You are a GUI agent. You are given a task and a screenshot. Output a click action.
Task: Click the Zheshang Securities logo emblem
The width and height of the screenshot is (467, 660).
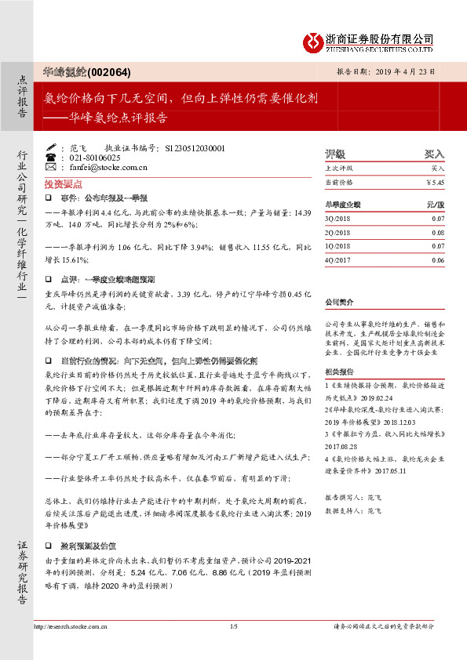click(x=316, y=41)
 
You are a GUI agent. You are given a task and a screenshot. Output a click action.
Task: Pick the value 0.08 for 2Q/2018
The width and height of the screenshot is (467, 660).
click(x=437, y=232)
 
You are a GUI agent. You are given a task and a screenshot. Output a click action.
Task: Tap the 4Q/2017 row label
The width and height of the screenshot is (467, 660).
click(x=337, y=259)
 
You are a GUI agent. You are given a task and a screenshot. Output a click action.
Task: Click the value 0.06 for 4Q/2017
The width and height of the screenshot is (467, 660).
click(x=437, y=259)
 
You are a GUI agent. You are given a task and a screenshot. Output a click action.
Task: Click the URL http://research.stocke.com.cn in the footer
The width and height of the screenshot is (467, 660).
click(x=70, y=626)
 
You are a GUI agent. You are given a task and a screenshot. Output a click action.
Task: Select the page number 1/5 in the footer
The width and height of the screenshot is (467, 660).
click(x=233, y=626)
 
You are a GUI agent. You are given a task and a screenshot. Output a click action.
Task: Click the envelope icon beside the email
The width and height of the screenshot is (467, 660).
click(x=52, y=167)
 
